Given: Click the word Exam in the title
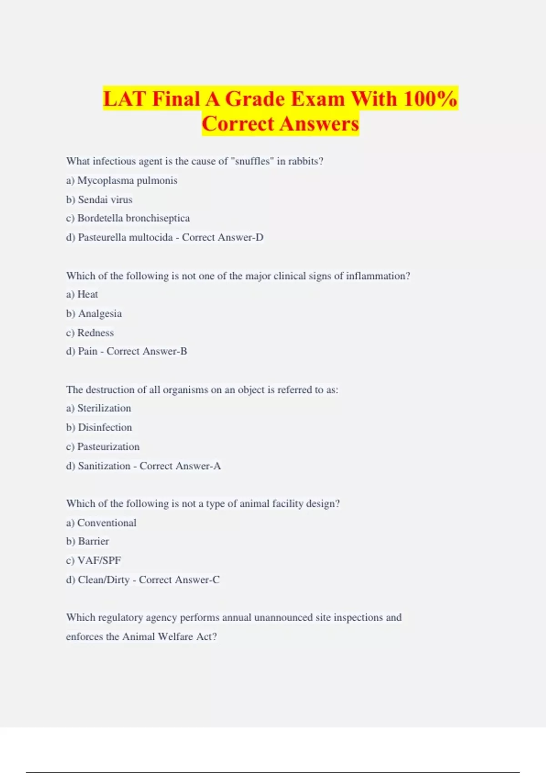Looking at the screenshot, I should click(318, 99).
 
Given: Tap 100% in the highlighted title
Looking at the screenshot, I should click(430, 99).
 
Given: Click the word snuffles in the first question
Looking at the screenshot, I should click(252, 161).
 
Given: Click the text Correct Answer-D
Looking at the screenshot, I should click(222, 237).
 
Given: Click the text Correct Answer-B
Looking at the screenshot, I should click(147, 351).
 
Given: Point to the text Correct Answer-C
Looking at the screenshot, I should click(179, 580).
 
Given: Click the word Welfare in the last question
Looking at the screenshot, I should click(175, 637).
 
